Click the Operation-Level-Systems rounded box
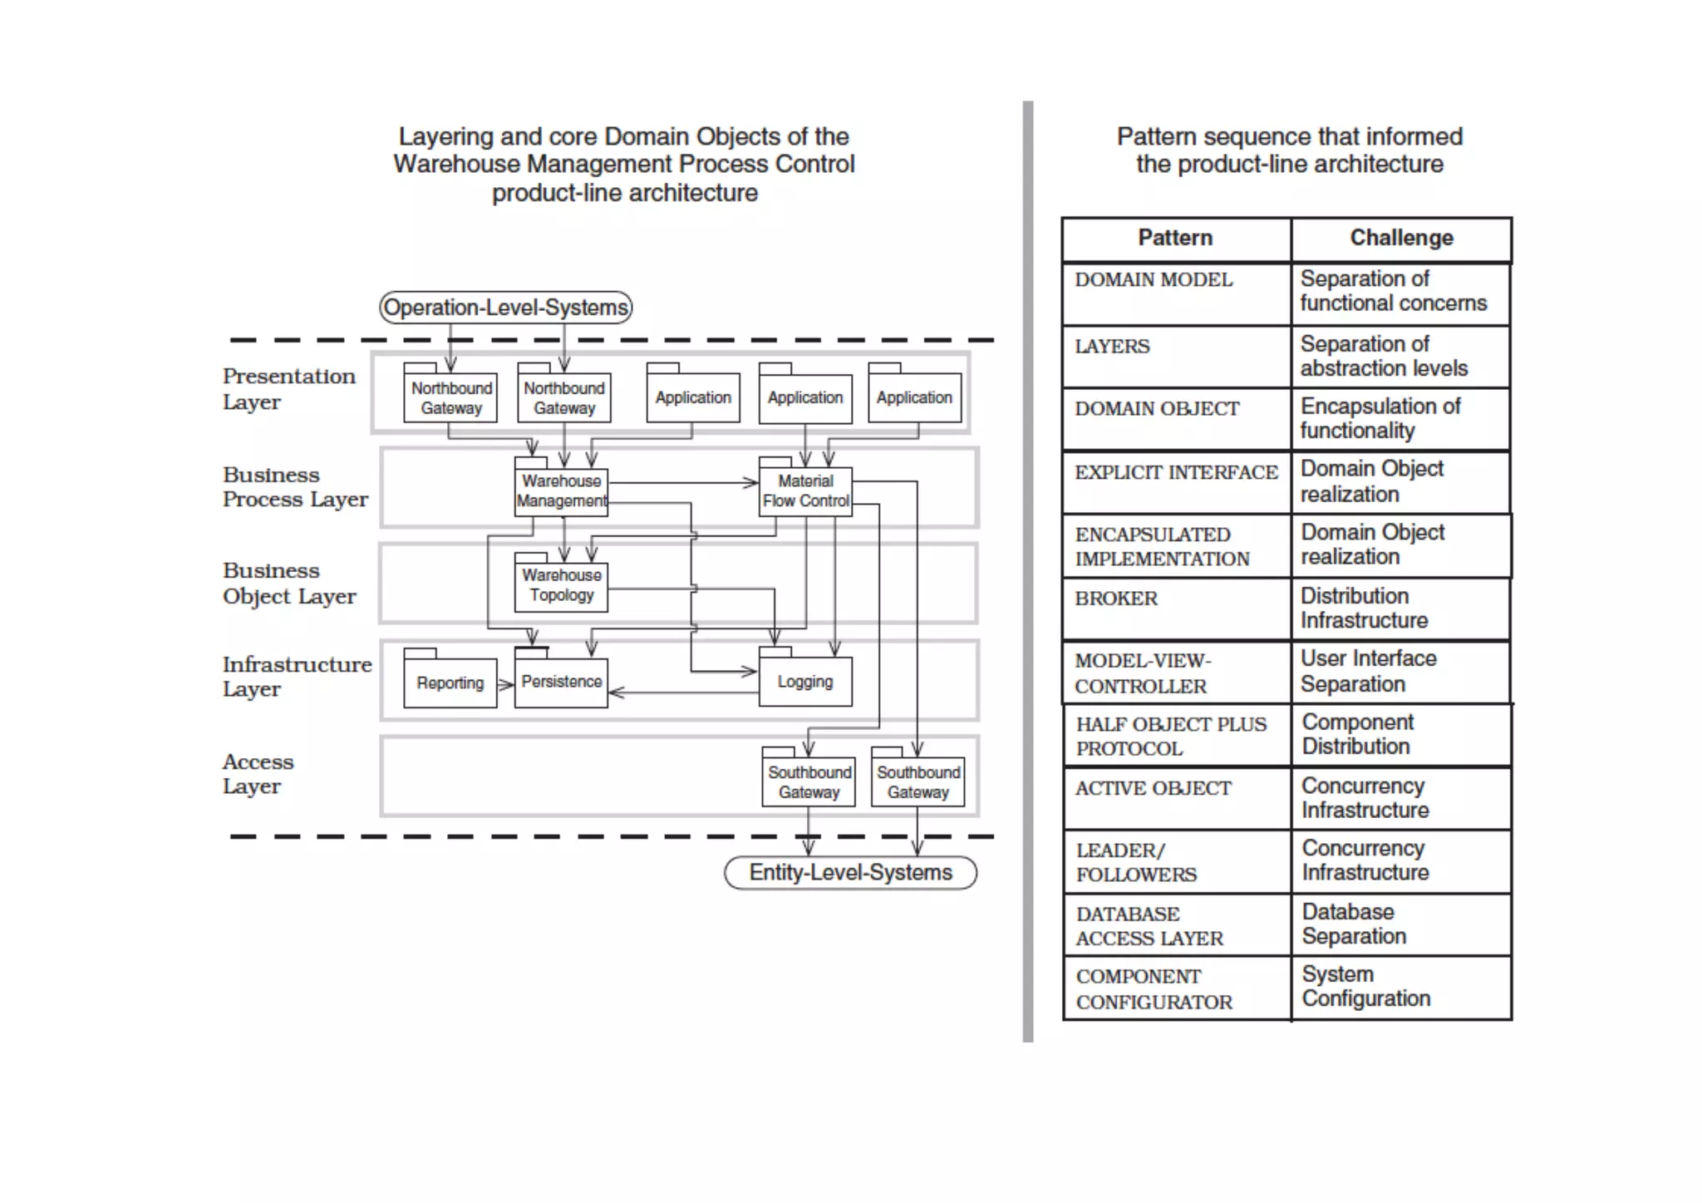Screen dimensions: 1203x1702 pyautogui.click(x=505, y=308)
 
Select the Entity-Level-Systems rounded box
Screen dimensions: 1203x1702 pyautogui.click(x=850, y=872)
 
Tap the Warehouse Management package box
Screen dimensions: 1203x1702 pyautogui.click(x=562, y=491)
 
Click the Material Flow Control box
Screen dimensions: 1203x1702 pyautogui.click(x=805, y=491)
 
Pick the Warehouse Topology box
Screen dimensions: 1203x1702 pyautogui.click(x=562, y=585)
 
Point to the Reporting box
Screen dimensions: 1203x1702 pyautogui.click(x=450, y=683)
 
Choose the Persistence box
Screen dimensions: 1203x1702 pyautogui.click(x=562, y=683)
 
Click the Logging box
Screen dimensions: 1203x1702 pyautogui.click(x=805, y=682)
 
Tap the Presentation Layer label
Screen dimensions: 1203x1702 pyautogui.click(x=288, y=389)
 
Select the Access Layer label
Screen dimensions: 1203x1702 pyautogui.click(x=258, y=774)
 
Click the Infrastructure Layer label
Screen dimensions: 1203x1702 pyautogui.click(x=296, y=677)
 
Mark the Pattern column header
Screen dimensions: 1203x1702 pyautogui.click(x=1175, y=239)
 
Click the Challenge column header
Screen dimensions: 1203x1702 pyautogui.click(x=1401, y=239)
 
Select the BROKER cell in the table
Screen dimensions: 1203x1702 pyautogui.click(x=1175, y=609)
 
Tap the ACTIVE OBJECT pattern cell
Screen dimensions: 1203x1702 pyautogui.click(x=1175, y=798)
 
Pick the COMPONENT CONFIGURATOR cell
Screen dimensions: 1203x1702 pyautogui.click(x=1175, y=989)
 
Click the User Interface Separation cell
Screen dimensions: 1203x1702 pyautogui.click(x=1401, y=672)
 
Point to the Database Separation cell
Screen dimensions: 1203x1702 pyautogui.click(x=1401, y=924)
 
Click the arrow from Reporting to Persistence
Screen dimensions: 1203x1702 pyautogui.click(x=505, y=685)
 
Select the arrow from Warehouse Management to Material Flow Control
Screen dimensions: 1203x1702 pyautogui.click(x=681, y=482)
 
